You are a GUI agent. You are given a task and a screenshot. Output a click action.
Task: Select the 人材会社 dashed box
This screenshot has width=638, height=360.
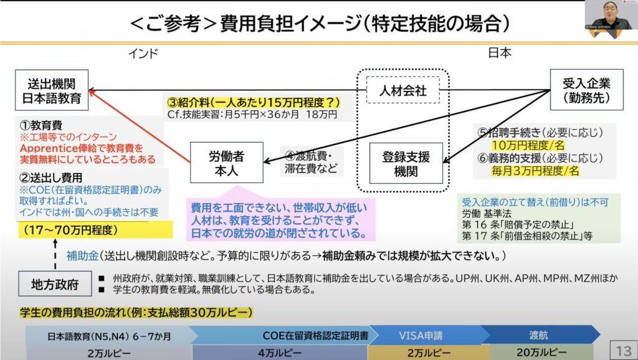(x=403, y=91)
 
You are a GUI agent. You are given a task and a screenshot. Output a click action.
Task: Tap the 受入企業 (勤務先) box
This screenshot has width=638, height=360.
(x=586, y=90)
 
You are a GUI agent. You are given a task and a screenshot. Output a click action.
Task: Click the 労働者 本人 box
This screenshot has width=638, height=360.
(x=226, y=162)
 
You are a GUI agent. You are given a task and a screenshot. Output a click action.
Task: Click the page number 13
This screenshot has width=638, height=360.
(x=623, y=348)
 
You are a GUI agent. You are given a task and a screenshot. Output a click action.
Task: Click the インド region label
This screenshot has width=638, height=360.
(x=143, y=54)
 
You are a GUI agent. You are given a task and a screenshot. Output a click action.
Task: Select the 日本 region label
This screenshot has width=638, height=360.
(x=500, y=54)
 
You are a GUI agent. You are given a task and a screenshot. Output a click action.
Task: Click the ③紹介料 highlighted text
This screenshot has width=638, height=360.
(x=256, y=102)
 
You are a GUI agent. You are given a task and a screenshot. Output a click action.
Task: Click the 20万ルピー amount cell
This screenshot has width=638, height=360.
(x=540, y=352)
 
